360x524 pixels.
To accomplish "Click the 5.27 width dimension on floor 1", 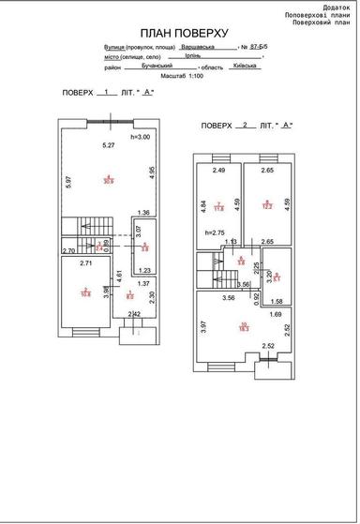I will point(109,145).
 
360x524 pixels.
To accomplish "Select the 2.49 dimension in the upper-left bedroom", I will point(219,172).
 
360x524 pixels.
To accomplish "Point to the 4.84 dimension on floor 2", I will point(203,203).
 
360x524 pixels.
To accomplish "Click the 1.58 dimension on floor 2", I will point(276,302).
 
